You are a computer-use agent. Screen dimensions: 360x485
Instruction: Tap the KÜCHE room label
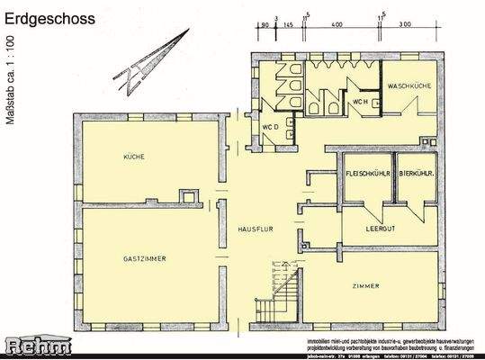tap(135, 157)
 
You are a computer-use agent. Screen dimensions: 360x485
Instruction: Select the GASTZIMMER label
tap(145, 258)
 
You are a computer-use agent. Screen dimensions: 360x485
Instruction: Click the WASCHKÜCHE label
tap(409, 85)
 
